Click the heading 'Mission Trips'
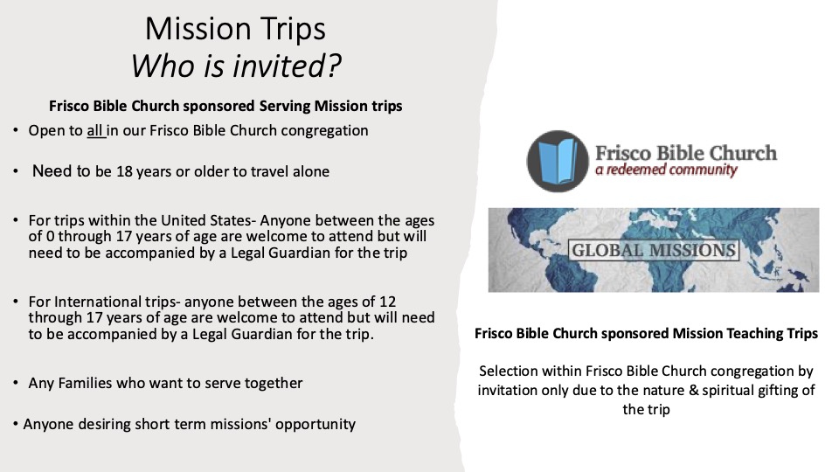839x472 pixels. (x=235, y=29)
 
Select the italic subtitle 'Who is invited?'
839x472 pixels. (x=236, y=66)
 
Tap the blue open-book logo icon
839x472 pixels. (x=558, y=161)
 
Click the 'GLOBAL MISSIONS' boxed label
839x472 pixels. (x=654, y=250)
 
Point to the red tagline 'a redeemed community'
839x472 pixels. (x=666, y=170)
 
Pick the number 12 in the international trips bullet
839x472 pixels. (x=387, y=302)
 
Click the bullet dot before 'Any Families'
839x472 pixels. (x=16, y=383)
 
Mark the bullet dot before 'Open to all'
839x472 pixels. (x=16, y=130)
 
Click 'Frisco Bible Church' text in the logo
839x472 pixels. (x=686, y=152)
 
